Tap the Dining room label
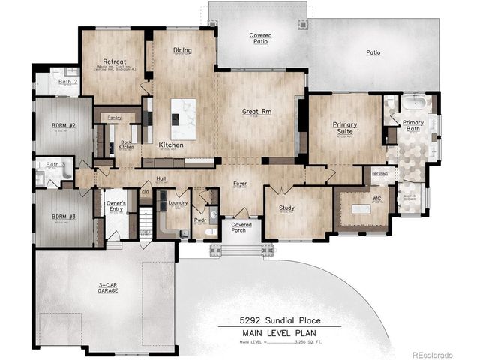click(x=183, y=51)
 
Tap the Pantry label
click(x=115, y=118)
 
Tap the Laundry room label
click(x=177, y=202)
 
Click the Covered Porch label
click(x=241, y=227)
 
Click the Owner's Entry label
click(x=115, y=205)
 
